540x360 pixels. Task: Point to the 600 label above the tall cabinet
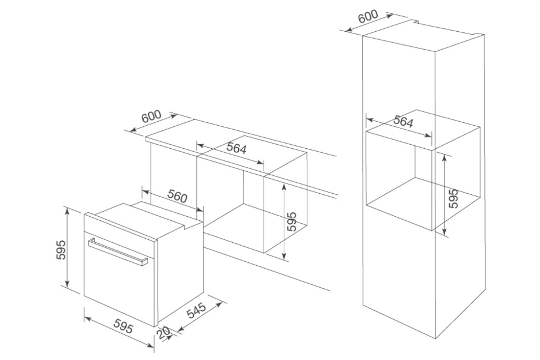368,16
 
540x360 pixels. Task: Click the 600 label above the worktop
151,117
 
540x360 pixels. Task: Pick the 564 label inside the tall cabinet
403,121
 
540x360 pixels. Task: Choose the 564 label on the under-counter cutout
236,148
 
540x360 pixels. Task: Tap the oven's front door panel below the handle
119,288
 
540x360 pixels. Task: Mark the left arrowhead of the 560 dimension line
145,192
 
